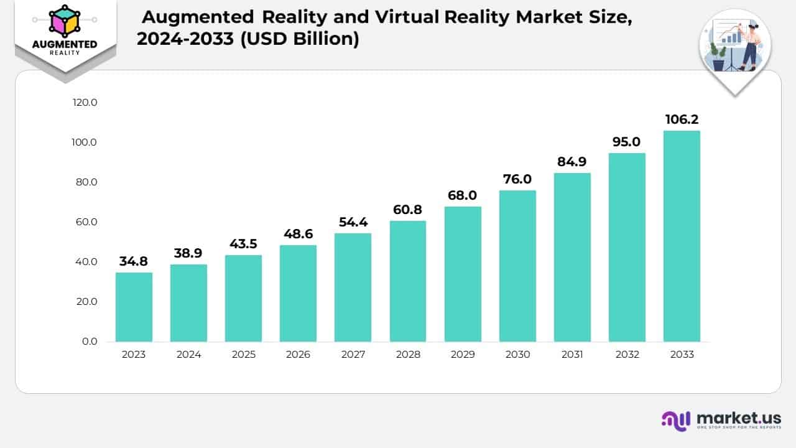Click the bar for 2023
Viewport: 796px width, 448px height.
point(134,307)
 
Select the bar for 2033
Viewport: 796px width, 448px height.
point(682,236)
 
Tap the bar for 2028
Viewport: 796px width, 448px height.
point(408,281)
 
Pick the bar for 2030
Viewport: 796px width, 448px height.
point(517,266)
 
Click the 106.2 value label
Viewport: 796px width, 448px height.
point(682,119)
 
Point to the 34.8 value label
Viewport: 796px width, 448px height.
point(134,261)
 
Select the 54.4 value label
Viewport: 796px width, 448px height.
point(353,222)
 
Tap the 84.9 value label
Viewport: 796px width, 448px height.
point(572,162)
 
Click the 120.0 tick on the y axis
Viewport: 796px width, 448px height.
point(85,103)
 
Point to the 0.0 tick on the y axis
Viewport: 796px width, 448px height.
point(90,342)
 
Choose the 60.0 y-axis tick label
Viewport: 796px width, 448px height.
point(85,222)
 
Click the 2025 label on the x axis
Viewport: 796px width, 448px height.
point(243,355)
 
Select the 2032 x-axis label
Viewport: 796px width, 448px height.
point(627,355)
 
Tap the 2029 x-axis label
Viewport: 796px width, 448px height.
point(463,355)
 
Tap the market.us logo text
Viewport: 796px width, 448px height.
point(739,418)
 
